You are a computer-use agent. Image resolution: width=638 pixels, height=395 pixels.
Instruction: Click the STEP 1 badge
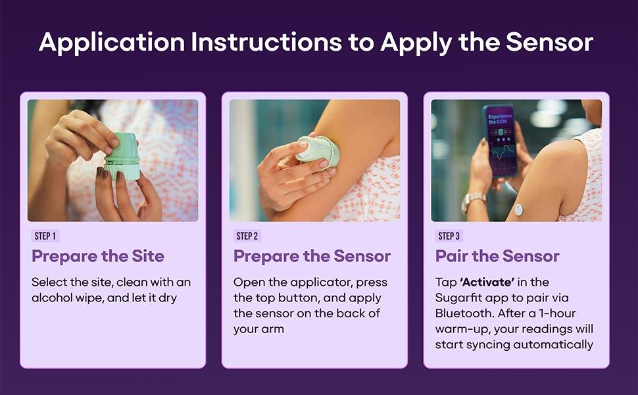(x=45, y=236)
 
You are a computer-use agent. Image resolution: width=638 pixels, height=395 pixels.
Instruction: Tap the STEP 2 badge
(x=247, y=236)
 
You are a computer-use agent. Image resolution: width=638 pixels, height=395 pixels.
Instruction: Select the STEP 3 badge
(x=449, y=236)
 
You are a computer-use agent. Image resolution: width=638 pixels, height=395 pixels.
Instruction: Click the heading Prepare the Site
(x=98, y=256)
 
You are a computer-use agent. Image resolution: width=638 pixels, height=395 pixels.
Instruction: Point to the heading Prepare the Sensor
(x=312, y=256)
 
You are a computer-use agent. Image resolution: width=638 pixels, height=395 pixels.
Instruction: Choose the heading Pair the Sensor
(x=497, y=256)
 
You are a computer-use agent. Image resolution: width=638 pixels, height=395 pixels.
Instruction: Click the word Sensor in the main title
(x=550, y=42)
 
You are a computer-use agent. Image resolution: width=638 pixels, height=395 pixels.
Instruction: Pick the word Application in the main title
(x=112, y=43)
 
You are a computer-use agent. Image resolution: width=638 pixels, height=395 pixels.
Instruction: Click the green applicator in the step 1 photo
(x=122, y=156)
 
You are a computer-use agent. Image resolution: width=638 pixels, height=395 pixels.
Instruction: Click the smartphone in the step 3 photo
(x=500, y=140)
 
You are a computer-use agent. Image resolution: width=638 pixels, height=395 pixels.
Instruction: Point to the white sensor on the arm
(x=518, y=210)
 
